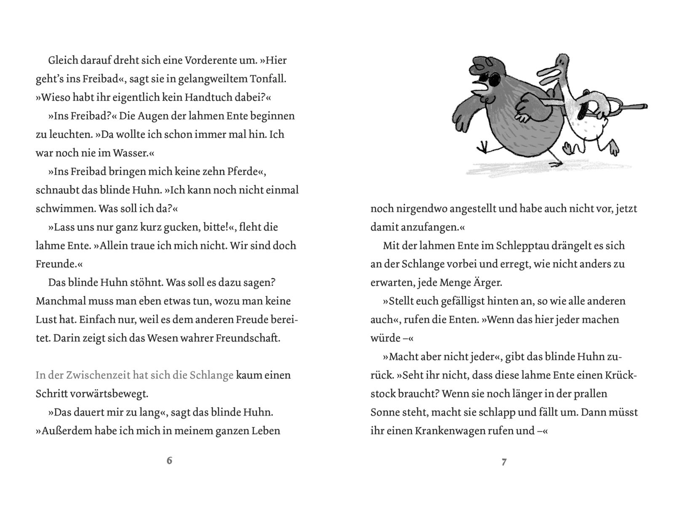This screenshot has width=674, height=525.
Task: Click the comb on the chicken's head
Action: pos(484,63)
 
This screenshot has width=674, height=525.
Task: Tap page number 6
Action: pos(169,460)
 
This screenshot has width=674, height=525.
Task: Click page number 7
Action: pos(504,462)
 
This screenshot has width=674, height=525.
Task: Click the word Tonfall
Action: pos(268,79)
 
